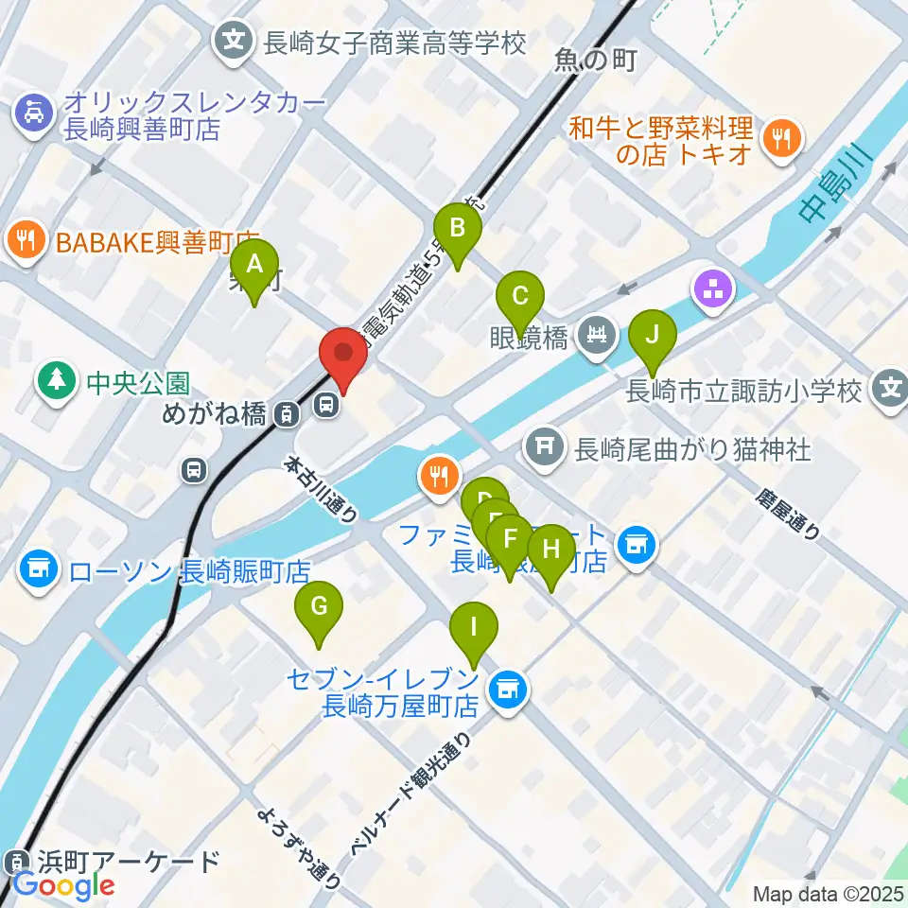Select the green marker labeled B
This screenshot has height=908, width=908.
coord(458,230)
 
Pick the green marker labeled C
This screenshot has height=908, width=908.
coord(519,296)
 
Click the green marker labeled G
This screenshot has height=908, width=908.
coord(320,607)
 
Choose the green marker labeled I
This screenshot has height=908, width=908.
coord(473,628)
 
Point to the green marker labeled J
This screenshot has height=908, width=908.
coord(652,337)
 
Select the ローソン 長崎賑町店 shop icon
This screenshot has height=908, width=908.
coord(39,569)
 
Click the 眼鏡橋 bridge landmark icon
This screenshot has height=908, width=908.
coord(598,334)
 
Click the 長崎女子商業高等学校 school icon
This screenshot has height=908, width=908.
coord(234,41)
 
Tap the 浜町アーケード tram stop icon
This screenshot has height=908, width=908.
coord(16,863)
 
